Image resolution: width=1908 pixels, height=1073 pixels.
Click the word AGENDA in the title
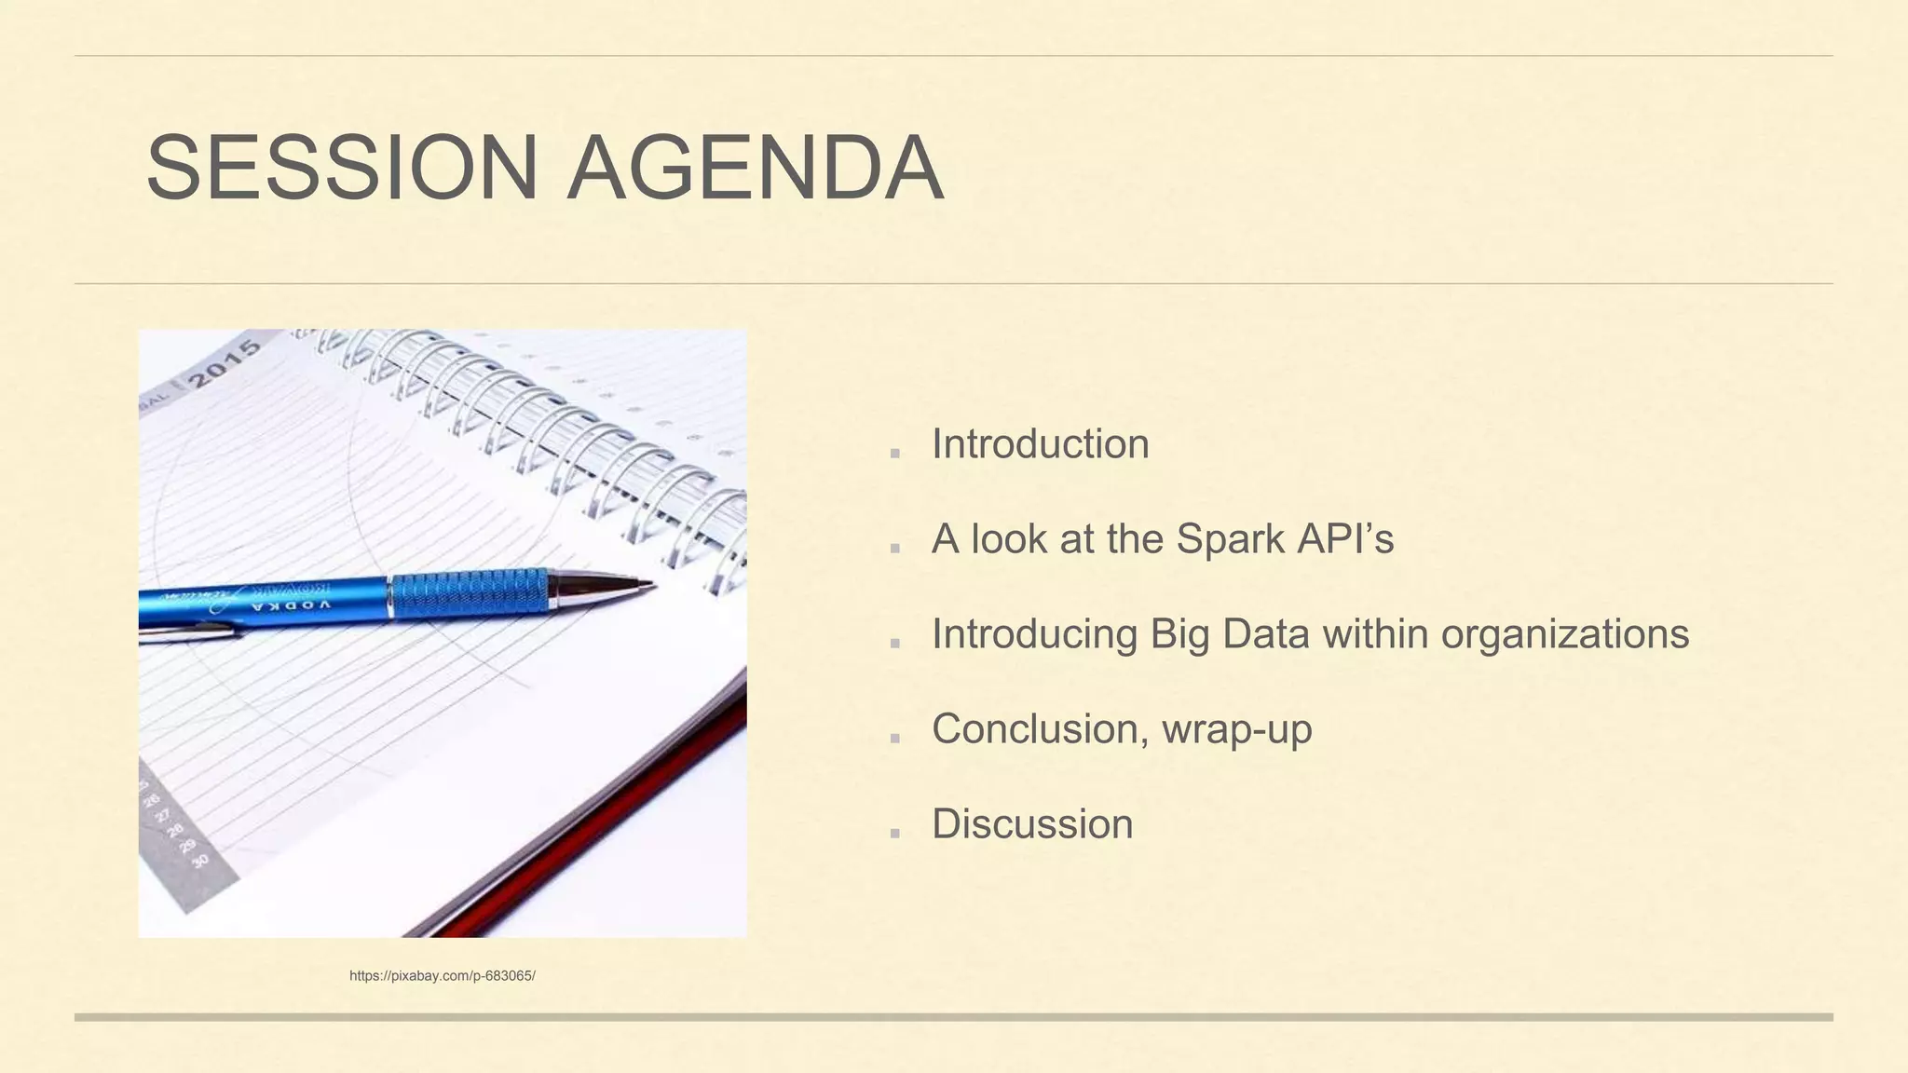point(756,168)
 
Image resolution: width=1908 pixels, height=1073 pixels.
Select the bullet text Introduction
point(1040,444)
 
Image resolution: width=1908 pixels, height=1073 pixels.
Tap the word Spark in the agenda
point(1229,539)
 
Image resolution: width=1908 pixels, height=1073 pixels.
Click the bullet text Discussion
point(1032,824)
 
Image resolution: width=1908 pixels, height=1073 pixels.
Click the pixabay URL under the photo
point(442,976)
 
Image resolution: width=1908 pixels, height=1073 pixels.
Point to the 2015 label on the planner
point(225,364)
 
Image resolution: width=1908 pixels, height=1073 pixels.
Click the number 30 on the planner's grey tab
point(199,861)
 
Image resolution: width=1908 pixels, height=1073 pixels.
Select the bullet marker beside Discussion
point(895,833)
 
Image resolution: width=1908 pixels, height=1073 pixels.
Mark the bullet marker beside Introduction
point(895,454)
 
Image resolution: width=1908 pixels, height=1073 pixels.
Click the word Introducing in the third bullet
point(1034,634)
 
